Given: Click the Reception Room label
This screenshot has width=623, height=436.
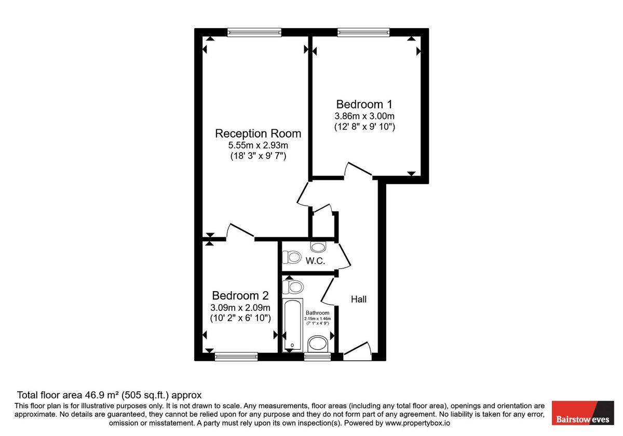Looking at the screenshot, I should click(x=258, y=133).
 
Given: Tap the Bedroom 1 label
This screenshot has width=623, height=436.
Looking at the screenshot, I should click(x=364, y=104).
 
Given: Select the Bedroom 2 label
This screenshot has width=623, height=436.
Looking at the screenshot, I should click(x=240, y=296).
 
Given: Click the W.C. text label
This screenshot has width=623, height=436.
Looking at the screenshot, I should click(x=315, y=261).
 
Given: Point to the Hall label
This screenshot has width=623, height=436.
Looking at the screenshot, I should click(x=359, y=299).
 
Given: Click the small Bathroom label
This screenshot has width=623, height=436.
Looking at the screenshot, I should click(x=317, y=313).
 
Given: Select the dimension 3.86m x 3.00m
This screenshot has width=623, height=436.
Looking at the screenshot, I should click(x=364, y=116).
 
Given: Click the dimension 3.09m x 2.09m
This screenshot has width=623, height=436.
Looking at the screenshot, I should click(x=240, y=307).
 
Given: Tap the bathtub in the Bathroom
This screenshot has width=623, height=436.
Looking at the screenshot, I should click(x=293, y=324).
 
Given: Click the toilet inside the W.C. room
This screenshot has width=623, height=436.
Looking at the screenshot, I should click(x=292, y=256).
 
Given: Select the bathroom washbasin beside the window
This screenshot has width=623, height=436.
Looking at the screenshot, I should click(x=317, y=344).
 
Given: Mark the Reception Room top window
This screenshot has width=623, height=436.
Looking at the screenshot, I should click(x=254, y=32).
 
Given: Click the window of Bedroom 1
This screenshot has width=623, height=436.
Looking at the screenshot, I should click(x=364, y=32).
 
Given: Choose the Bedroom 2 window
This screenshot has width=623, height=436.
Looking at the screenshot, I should click(x=236, y=356).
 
